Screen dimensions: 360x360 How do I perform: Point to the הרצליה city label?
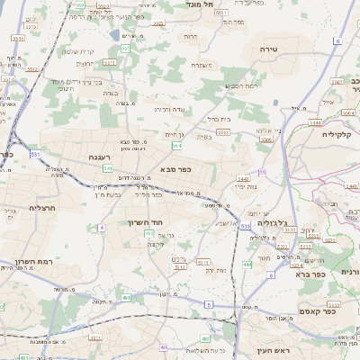tap(41, 207)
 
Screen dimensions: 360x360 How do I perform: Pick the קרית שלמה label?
tap(77, 51)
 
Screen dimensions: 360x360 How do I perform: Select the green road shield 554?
tap(177, 145)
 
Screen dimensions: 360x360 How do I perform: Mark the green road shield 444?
tap(247, 265)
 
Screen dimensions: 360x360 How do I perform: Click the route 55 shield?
tap(262, 171)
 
